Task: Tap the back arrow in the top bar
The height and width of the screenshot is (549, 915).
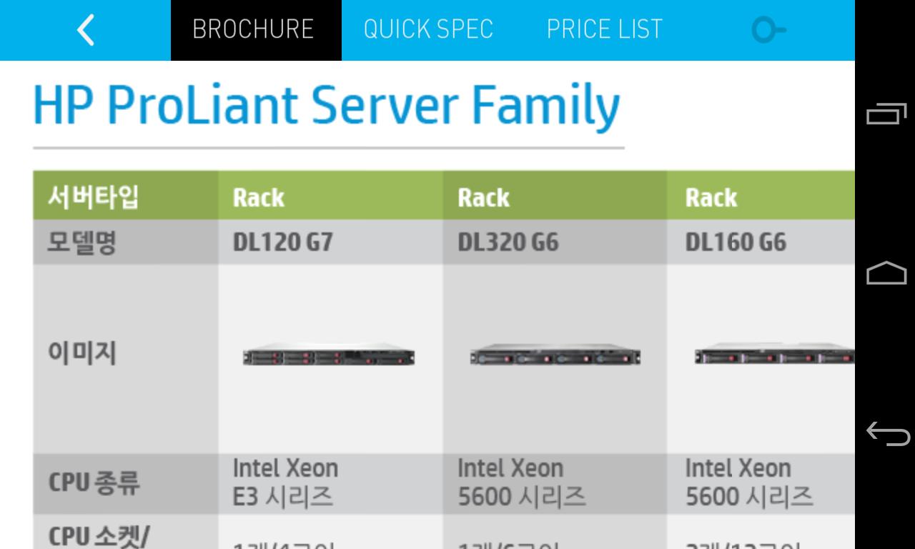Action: click(85, 30)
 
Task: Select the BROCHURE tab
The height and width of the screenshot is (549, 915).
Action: click(253, 29)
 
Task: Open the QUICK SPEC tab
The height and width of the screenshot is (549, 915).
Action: click(428, 29)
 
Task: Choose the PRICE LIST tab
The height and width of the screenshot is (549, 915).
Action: click(604, 29)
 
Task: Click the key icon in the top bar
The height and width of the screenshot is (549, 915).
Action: click(768, 30)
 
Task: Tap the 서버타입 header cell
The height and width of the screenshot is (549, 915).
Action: click(93, 197)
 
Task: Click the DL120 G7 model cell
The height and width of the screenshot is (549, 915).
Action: click(282, 243)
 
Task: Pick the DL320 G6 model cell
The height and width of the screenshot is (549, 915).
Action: click(508, 243)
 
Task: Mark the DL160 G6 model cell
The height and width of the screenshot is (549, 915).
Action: click(736, 243)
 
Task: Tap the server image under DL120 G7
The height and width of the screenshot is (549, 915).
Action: click(329, 357)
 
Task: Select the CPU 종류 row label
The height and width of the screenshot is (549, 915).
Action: click(94, 483)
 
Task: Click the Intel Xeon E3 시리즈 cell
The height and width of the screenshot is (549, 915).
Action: click(285, 483)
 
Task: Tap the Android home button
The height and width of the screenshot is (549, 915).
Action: click(886, 273)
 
